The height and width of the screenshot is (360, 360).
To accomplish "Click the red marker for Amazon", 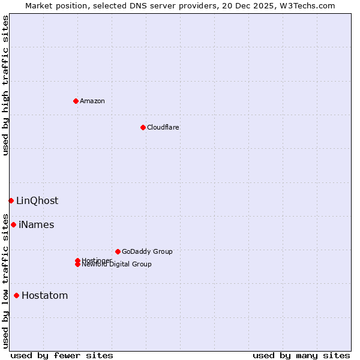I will (x=76, y=101).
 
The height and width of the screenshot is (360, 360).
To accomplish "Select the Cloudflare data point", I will (x=143, y=127).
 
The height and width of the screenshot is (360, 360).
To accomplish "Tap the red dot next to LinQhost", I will (x=11, y=200).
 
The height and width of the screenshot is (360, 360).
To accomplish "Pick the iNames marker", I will (x=13, y=224).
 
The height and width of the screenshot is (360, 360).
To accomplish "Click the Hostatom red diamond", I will (x=16, y=295).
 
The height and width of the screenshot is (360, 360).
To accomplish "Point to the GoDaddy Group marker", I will (x=118, y=251).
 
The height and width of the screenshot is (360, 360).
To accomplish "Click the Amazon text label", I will (x=92, y=101).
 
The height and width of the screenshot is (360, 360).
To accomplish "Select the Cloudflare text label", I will (x=163, y=127).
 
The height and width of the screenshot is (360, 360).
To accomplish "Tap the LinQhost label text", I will (x=37, y=200).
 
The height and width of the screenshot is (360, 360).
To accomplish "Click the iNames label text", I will (x=36, y=224).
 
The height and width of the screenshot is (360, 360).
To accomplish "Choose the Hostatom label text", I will (x=44, y=295).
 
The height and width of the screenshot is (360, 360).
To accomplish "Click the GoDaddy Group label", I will (x=147, y=251).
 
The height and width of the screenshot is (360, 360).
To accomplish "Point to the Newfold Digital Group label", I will (x=116, y=265).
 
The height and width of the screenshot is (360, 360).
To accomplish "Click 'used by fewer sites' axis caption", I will (x=62, y=355).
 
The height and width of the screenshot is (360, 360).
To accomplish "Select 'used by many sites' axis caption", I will (x=301, y=355).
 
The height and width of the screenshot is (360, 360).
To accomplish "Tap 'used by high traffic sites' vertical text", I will (x=5, y=85).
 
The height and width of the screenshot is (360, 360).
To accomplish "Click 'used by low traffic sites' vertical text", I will (x=5, y=280).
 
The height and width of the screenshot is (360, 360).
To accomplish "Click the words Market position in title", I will (x=53, y=5).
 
